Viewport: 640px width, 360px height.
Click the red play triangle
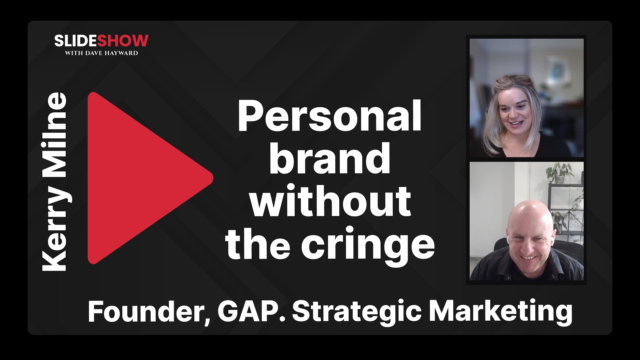(140, 178)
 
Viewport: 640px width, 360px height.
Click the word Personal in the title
(329, 116)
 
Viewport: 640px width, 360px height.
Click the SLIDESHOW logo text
(101, 41)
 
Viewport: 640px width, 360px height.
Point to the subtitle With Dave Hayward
(101, 53)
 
